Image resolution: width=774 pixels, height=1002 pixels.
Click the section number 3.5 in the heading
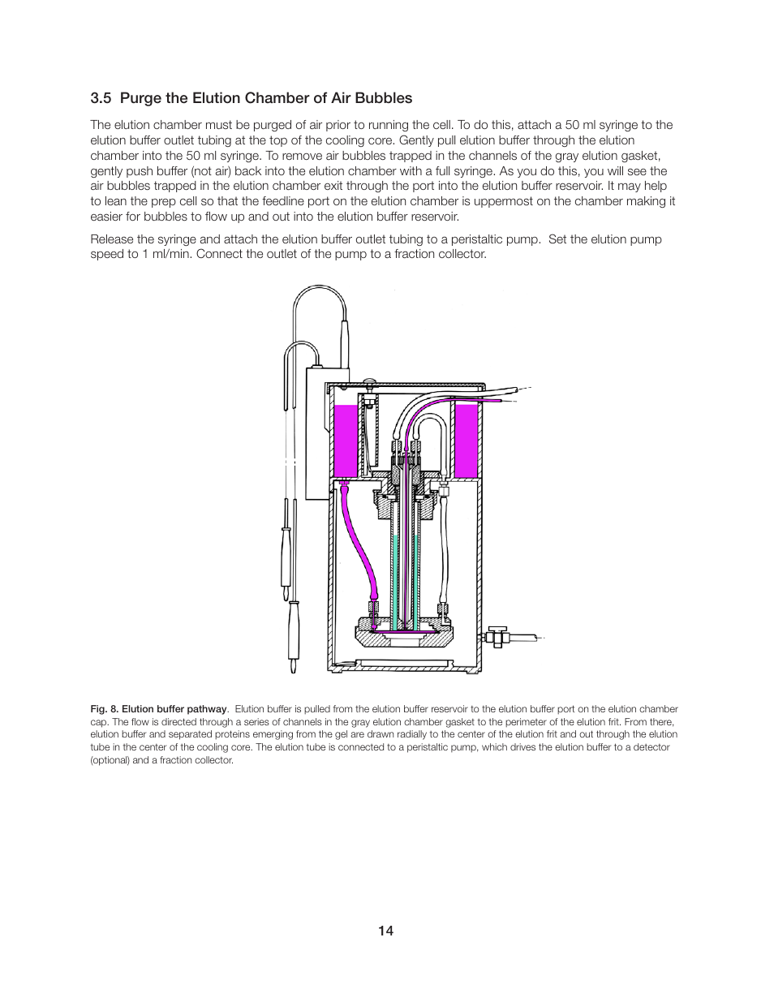[x=101, y=98]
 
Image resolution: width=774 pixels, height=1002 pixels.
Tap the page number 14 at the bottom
[x=385, y=931]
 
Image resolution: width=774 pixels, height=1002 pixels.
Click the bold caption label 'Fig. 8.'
[x=105, y=709]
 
